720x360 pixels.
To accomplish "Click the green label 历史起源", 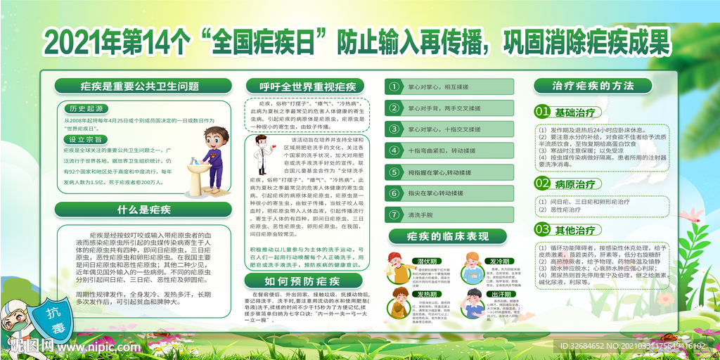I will tap(88, 108).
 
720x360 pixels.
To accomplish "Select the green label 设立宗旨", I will tap(88, 139).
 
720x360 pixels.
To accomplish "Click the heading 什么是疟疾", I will tap(143, 209).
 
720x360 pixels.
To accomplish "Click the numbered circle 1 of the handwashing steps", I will tap(394, 88).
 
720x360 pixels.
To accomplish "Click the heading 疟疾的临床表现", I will tap(448, 236).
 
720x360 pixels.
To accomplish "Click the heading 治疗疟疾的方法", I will tap(593, 85).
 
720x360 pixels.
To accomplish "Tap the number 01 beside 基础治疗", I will tap(542, 112).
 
